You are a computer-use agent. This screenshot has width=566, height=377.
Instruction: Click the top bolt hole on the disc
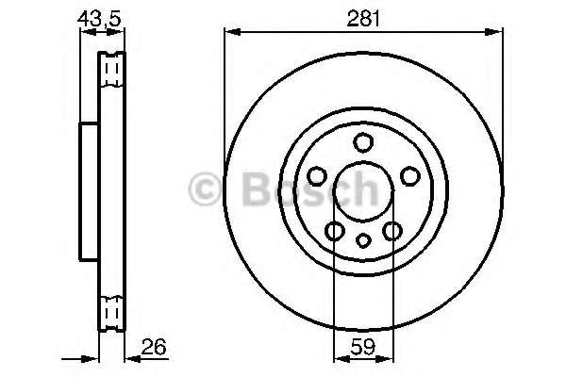362,143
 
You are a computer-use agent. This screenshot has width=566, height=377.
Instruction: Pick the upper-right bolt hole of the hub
409,176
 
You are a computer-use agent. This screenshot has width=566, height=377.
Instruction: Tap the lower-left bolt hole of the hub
333,231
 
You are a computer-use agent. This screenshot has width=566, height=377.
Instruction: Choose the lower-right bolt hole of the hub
391,231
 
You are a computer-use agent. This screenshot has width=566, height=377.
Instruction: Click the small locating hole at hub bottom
362,240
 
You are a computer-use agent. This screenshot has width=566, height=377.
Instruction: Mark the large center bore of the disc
362,192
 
